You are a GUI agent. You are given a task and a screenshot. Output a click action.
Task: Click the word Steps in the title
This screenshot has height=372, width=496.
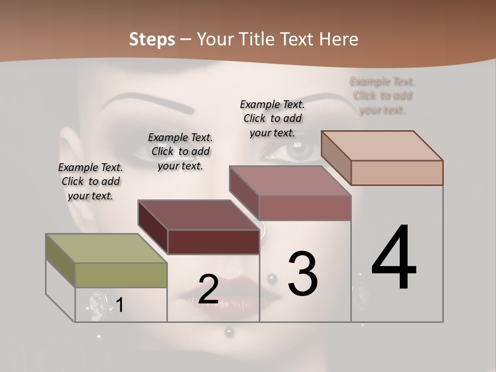click(x=152, y=39)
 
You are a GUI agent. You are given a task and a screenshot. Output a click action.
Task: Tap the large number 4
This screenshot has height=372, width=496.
click(x=394, y=258)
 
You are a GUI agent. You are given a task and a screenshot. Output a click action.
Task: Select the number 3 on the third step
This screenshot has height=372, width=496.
click(x=303, y=274)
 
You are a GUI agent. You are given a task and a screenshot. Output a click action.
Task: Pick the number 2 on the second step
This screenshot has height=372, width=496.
click(x=208, y=290)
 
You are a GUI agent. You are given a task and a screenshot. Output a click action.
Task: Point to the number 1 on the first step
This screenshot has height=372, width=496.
click(x=120, y=305)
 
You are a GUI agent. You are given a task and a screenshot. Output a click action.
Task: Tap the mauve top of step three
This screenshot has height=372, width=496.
click(x=290, y=181)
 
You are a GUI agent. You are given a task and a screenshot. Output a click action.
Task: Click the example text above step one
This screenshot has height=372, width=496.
click(x=90, y=181)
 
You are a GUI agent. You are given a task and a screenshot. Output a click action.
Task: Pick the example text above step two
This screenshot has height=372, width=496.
click(x=180, y=151)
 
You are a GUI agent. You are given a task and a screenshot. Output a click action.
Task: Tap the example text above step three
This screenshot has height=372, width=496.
click(x=272, y=118)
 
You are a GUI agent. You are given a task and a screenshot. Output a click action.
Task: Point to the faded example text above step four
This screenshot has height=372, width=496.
click(x=382, y=96)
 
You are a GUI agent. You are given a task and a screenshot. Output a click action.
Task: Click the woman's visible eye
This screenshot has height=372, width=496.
click(x=300, y=150)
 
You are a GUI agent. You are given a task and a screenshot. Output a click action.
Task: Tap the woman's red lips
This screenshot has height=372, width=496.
click(x=227, y=300)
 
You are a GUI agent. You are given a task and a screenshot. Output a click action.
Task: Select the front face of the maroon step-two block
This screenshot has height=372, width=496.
click(x=213, y=242)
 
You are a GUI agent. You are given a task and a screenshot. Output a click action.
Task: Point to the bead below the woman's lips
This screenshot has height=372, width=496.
click(x=229, y=331)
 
